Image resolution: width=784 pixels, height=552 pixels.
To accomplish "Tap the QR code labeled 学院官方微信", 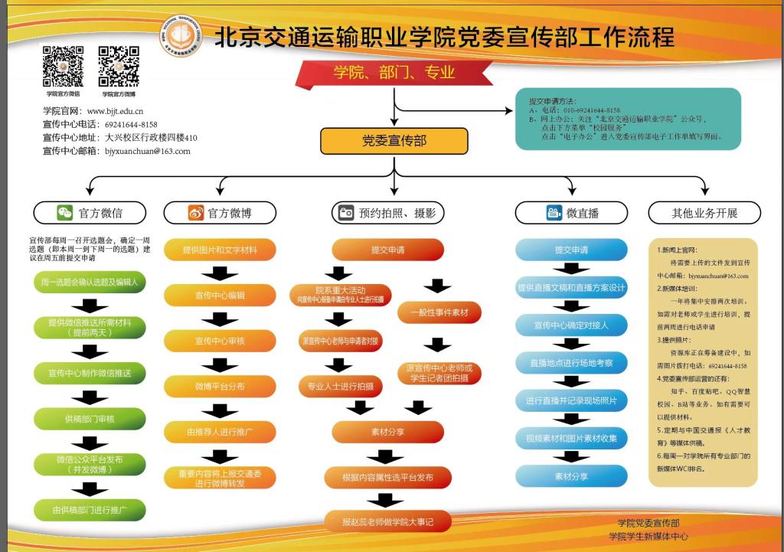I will tap(63, 67).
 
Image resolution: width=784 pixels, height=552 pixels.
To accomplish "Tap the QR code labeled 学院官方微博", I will tap(118, 67).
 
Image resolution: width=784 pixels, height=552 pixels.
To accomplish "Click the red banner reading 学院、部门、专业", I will tap(394, 73).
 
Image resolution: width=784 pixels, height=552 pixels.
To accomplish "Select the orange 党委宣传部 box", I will tap(394, 141).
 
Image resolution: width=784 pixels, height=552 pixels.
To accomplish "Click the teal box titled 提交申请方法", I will tap(628, 119).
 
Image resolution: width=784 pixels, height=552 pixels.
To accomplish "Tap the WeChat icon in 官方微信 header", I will tap(64, 213).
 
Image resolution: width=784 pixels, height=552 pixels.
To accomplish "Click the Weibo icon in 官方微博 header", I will tap(196, 213).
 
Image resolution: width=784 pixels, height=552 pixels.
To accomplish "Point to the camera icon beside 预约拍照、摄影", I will tap(345, 213).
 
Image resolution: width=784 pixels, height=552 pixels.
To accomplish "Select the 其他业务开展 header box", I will tap(704, 213).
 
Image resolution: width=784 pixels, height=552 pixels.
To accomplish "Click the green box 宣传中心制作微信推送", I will tap(90, 373).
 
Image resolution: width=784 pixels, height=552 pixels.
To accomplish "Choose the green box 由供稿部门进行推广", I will tap(90, 509).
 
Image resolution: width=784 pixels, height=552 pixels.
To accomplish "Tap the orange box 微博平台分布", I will tap(220, 387).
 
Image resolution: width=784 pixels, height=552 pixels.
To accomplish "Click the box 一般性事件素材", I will tap(439, 312).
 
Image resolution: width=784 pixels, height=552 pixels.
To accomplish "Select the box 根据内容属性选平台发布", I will tap(388, 478).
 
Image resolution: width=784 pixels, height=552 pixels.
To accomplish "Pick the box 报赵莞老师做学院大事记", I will tap(388, 522).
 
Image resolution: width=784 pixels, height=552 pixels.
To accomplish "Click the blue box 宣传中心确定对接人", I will tap(571, 325).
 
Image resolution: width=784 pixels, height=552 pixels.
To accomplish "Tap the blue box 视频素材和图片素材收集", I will tap(571, 439).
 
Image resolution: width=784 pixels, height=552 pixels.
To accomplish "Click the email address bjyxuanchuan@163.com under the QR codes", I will tap(146, 152).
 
